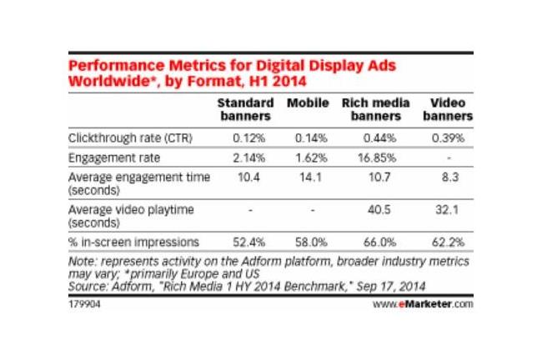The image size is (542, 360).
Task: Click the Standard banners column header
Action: tap(245, 109)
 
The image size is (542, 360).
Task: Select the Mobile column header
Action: tap(308, 103)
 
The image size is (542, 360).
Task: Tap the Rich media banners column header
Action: tap(376, 109)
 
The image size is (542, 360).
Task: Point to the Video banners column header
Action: tap(448, 109)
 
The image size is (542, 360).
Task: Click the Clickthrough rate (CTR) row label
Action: tap(130, 138)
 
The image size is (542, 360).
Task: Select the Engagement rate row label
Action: tap(114, 157)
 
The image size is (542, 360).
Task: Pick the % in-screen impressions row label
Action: tap(133, 242)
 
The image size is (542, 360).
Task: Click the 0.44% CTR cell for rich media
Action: tap(379, 138)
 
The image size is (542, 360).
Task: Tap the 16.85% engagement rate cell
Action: tap(377, 157)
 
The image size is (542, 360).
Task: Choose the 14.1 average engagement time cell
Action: tap(310, 177)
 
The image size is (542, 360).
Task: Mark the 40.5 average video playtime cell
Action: tap(379, 210)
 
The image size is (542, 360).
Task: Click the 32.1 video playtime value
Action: tap(447, 210)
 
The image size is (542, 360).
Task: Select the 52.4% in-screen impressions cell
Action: tap(248, 242)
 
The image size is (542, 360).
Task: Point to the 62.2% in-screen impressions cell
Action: tap(448, 242)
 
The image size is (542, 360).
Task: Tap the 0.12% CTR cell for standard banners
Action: tap(248, 138)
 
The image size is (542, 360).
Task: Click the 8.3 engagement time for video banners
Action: tap(450, 177)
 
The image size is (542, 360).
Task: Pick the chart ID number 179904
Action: tap(84, 304)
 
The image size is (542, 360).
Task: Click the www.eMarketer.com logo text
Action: tap(423, 304)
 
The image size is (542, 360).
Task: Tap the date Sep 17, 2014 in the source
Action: tap(391, 287)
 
